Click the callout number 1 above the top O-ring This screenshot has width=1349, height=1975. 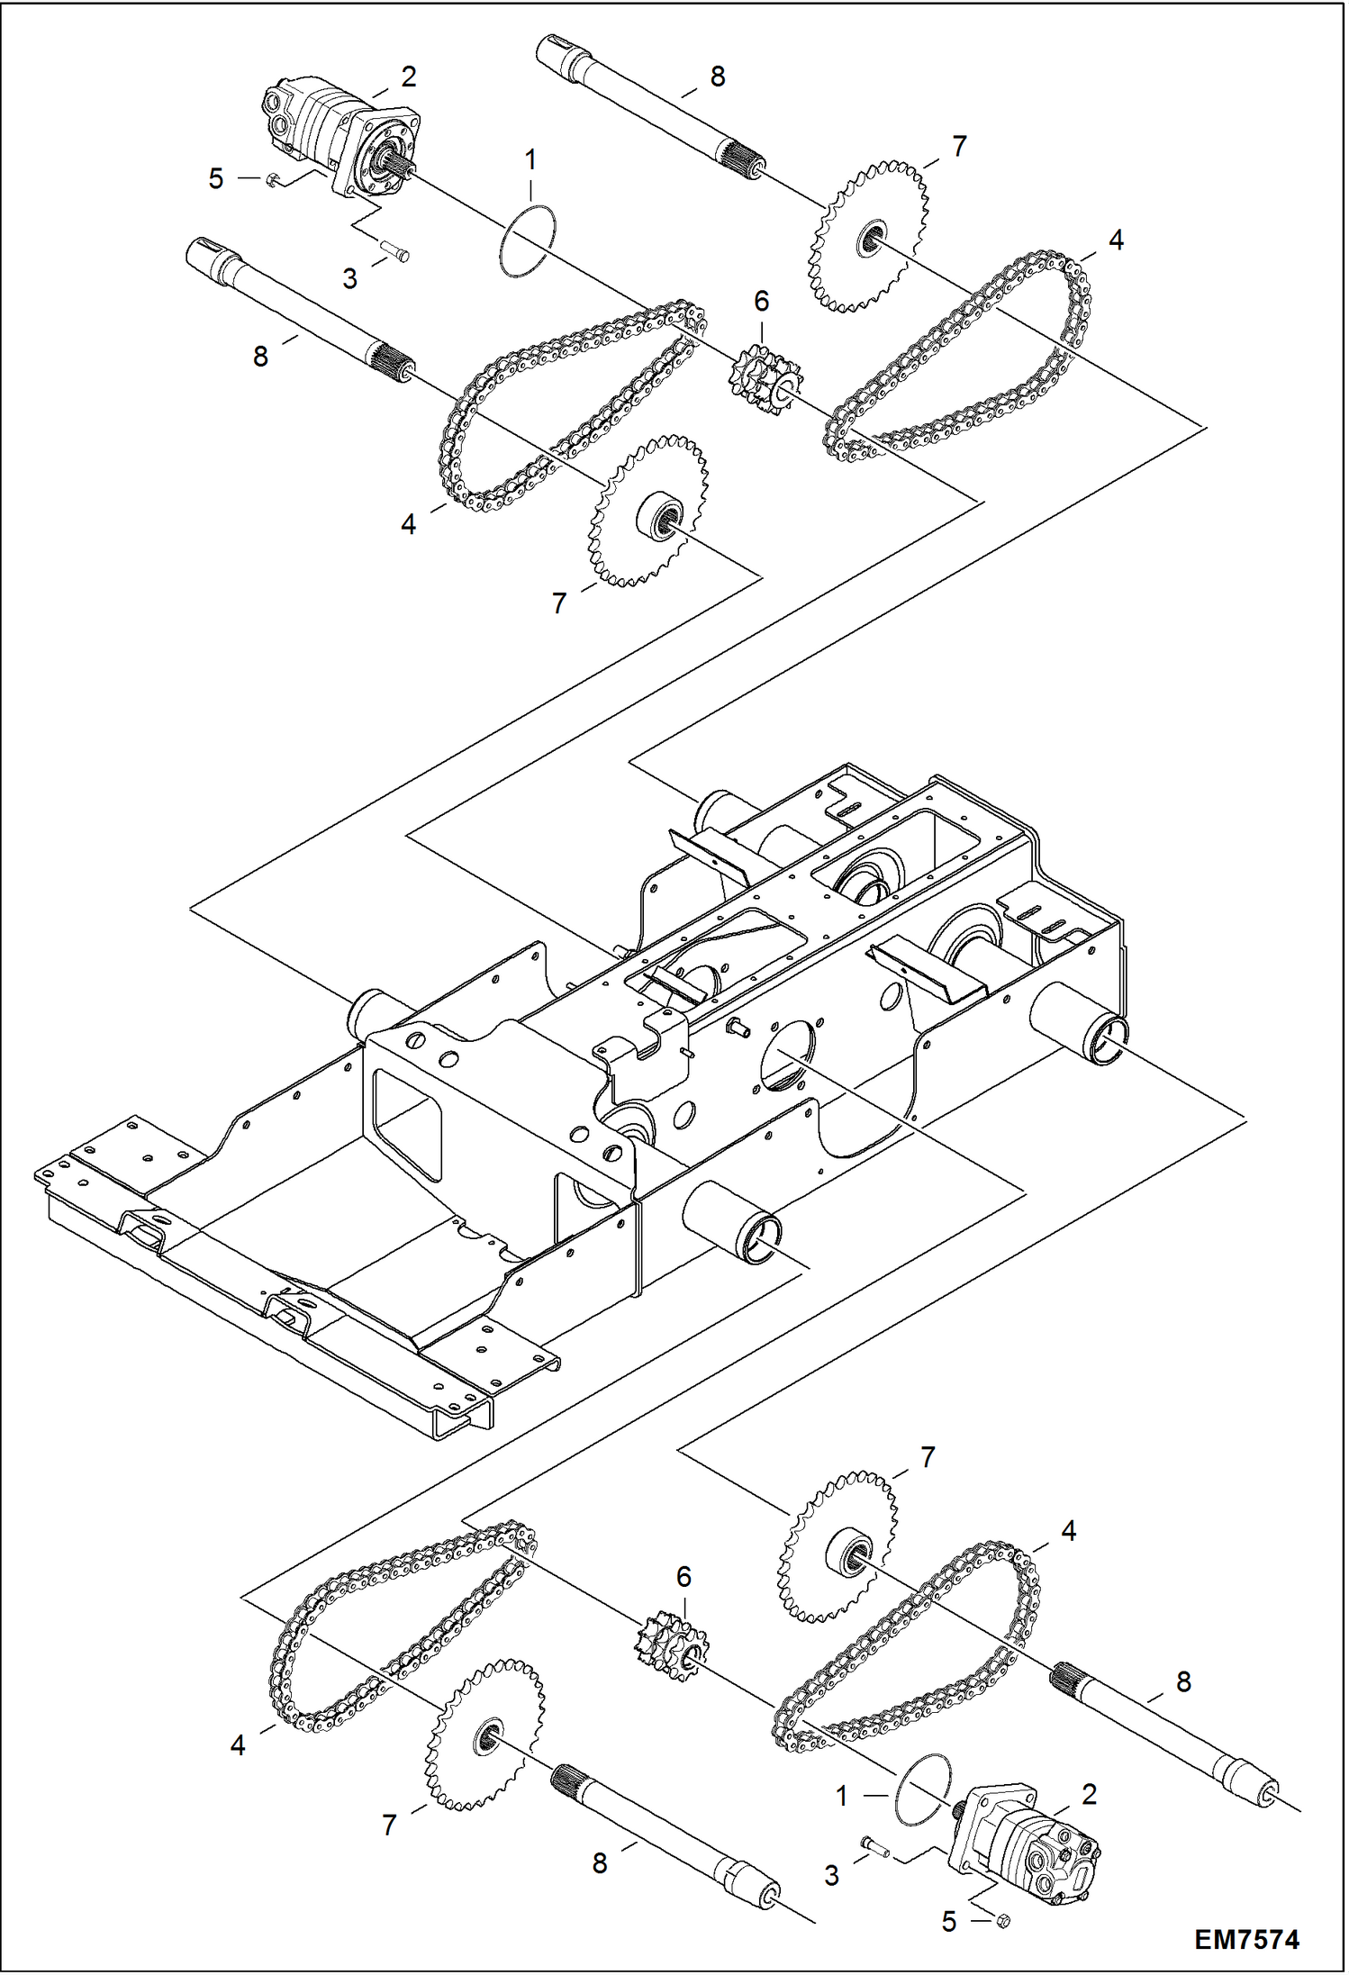530,160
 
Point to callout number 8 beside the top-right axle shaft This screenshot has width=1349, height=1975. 717,77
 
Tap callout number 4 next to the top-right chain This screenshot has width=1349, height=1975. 1116,240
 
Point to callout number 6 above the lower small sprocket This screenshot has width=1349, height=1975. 684,1576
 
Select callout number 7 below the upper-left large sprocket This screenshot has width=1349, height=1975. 559,603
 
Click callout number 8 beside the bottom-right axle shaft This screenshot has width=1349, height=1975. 1183,1681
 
